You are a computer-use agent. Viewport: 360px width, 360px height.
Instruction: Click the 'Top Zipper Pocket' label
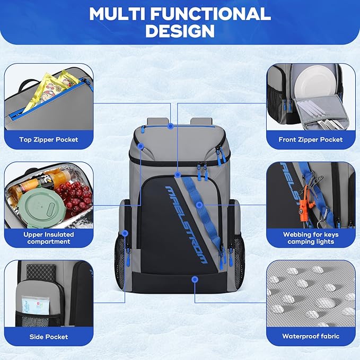click(x=48, y=139)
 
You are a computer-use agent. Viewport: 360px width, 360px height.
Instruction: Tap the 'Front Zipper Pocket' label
click(x=310, y=139)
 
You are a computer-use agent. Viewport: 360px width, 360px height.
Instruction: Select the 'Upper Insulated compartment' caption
click(x=48, y=238)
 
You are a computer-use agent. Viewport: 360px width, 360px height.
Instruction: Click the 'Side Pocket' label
click(x=48, y=336)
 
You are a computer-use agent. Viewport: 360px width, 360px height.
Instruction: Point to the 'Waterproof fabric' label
click(x=310, y=336)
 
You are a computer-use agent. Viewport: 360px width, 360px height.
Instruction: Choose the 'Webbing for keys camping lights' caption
click(x=310, y=238)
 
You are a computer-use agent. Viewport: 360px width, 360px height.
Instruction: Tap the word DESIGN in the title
click(x=180, y=31)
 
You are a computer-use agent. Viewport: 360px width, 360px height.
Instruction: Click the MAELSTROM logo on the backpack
click(x=186, y=222)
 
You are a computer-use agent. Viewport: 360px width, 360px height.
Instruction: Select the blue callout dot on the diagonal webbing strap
click(x=199, y=204)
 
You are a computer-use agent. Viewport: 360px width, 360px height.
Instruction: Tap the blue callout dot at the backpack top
click(x=170, y=126)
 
